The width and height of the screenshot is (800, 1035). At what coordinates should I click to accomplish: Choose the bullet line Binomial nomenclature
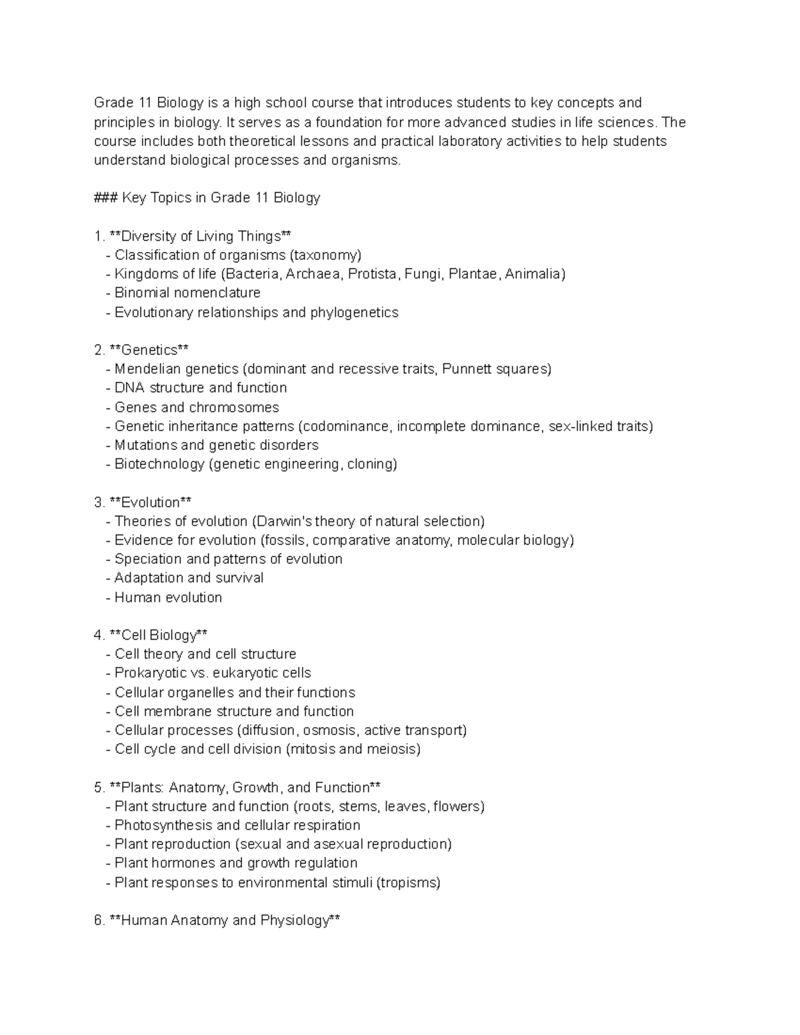click(x=187, y=293)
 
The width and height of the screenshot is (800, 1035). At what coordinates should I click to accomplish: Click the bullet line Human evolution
click(x=168, y=598)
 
